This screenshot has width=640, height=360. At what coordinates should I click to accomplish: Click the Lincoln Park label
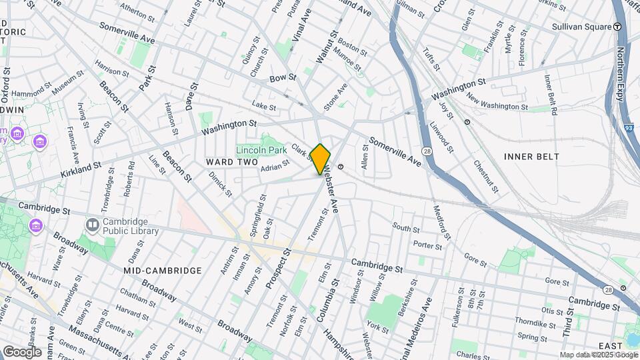point(262,149)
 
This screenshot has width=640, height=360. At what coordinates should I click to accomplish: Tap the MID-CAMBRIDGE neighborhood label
point(162,271)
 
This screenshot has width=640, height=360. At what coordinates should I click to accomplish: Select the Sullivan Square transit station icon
point(617,27)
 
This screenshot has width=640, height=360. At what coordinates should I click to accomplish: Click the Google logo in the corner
point(22,351)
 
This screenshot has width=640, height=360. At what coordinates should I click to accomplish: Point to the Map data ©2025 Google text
point(599,355)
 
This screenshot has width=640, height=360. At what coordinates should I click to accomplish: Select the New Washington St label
point(497,102)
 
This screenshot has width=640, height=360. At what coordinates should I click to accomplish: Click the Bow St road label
point(283,79)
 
